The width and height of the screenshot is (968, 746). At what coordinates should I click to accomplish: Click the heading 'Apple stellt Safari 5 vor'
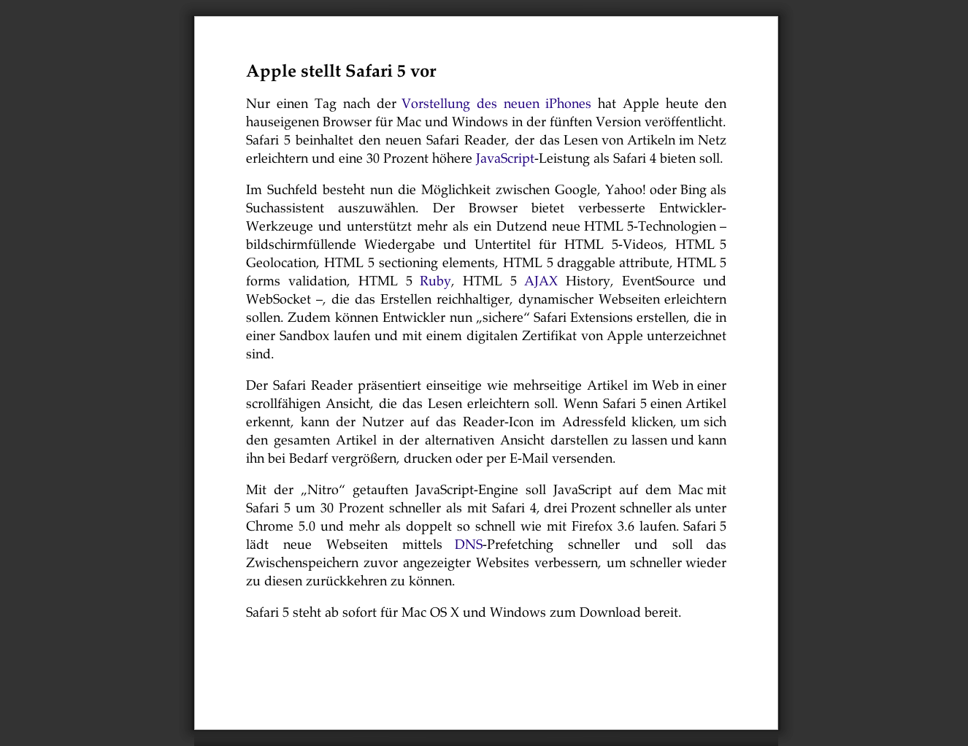[341, 71]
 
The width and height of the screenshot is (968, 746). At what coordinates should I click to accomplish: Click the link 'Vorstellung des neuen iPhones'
[496, 104]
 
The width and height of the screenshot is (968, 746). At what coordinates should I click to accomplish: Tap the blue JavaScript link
[504, 158]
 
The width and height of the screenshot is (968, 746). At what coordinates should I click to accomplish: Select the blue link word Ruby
[435, 281]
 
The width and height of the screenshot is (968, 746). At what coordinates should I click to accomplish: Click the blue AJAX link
[541, 281]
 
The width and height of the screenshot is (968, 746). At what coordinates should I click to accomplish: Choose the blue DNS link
[468, 545]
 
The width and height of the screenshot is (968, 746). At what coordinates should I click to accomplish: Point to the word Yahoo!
[625, 190]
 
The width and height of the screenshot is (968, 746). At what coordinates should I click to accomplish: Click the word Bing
[693, 190]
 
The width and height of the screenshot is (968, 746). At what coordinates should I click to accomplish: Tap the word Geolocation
[281, 263]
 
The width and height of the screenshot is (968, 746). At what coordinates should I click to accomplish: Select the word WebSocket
[278, 299]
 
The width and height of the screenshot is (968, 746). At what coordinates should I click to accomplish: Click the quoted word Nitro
[323, 490]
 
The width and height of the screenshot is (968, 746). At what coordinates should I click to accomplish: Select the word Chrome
[268, 526]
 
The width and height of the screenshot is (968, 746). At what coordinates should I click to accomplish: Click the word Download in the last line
[610, 612]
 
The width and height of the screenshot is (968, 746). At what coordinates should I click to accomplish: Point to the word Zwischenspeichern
[301, 563]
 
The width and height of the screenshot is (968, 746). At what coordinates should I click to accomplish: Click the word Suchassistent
[285, 208]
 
